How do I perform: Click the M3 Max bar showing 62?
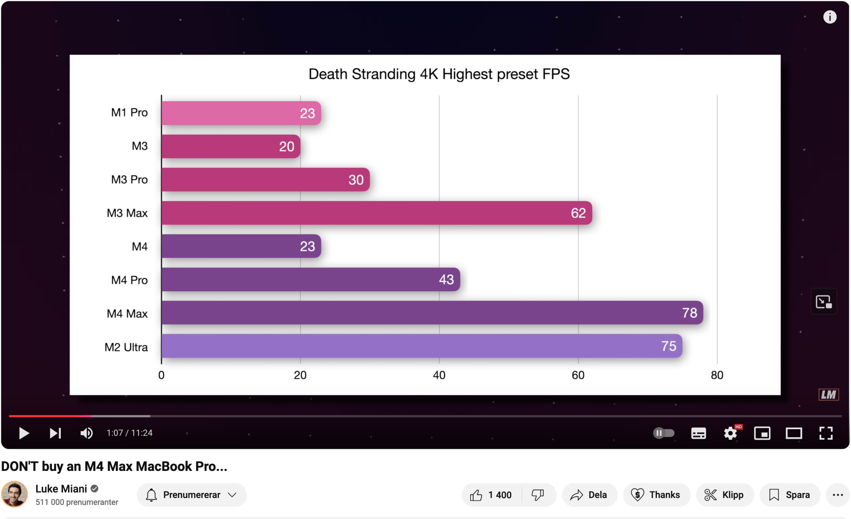coord(377,213)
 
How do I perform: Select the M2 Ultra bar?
coord(421,346)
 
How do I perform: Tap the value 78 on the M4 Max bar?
coord(689,313)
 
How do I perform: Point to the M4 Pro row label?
coord(129,280)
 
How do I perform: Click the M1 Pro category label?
coord(129,113)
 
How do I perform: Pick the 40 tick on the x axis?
coord(439,375)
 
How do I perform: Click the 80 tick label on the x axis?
coord(717,375)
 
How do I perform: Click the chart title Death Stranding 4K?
coord(439,74)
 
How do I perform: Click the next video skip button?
coord(55,433)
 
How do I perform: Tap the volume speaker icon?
coord(86,433)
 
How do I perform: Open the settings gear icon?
coord(731,433)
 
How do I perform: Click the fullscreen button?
coord(826,433)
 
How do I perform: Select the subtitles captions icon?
coord(698,433)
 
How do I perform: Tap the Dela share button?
coord(589,495)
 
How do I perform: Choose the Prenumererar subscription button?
coord(191,495)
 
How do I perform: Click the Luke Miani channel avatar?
coord(14,494)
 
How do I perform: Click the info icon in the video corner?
coord(830,17)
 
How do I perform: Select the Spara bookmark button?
coord(790,495)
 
